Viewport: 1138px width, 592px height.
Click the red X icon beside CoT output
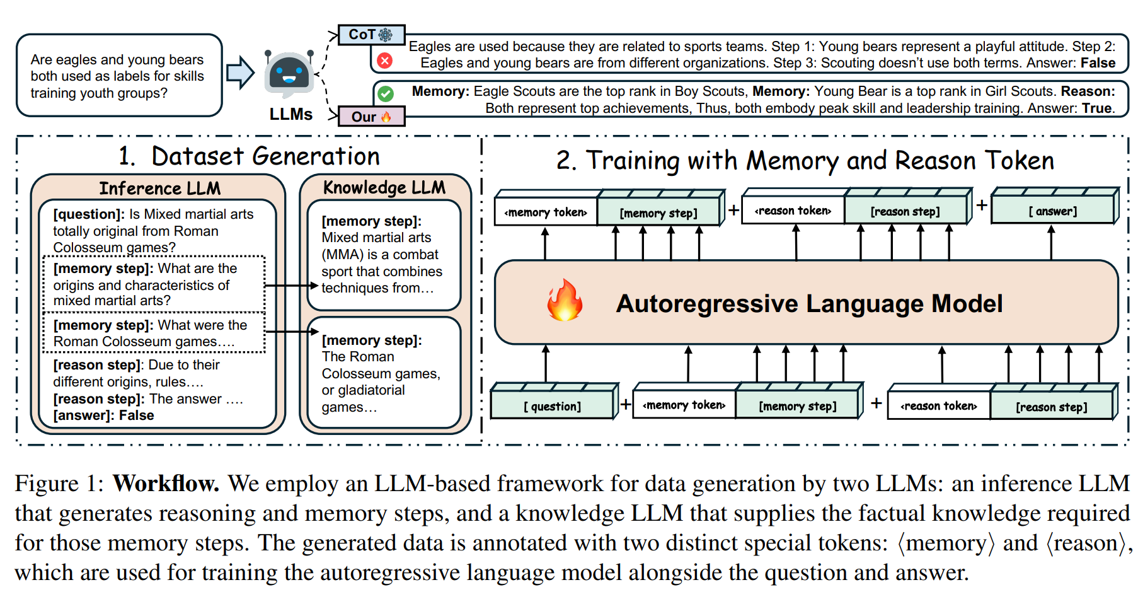click(384, 61)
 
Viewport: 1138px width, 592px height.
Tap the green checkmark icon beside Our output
click(386, 94)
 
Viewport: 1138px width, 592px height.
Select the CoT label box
click(371, 35)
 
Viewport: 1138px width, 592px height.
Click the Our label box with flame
click(371, 117)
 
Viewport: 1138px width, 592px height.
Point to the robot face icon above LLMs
click(289, 74)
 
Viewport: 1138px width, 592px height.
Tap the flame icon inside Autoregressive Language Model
click(564, 301)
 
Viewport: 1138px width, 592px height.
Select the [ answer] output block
click(1052, 211)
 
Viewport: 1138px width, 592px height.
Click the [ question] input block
click(552, 406)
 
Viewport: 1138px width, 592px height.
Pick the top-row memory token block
click(546, 212)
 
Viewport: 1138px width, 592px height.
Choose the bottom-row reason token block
click(938, 406)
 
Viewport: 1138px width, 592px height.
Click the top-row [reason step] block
click(905, 212)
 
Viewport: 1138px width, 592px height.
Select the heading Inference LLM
click(159, 189)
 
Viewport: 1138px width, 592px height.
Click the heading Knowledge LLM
click(384, 187)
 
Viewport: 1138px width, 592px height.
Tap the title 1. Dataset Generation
click(249, 156)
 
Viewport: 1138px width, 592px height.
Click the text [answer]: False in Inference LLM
click(103, 415)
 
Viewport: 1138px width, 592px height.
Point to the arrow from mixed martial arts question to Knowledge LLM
click(290, 286)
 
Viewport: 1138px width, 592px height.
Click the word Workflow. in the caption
click(166, 484)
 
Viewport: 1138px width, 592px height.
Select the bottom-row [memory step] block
click(797, 406)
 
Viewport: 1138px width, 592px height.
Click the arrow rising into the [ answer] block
click(1051, 243)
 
